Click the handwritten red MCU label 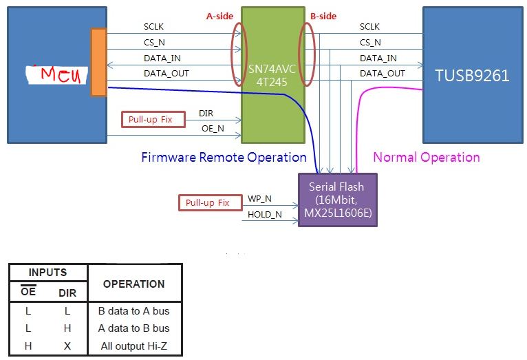(61, 74)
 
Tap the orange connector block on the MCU (99, 62)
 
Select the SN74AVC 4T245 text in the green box (272, 75)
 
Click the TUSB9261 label (472, 75)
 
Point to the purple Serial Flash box (338, 200)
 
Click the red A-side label (219, 16)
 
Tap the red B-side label (323, 16)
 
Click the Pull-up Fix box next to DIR (153, 119)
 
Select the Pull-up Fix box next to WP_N (211, 202)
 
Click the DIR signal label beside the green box (206, 114)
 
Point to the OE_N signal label (213, 129)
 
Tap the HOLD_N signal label (265, 215)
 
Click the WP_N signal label (259, 199)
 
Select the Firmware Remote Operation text (224, 158)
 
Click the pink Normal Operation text (427, 158)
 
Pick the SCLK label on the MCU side (153, 27)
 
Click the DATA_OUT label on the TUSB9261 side (383, 74)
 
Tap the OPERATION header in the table (133, 284)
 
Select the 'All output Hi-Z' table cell (133, 346)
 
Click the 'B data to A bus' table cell (133, 311)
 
